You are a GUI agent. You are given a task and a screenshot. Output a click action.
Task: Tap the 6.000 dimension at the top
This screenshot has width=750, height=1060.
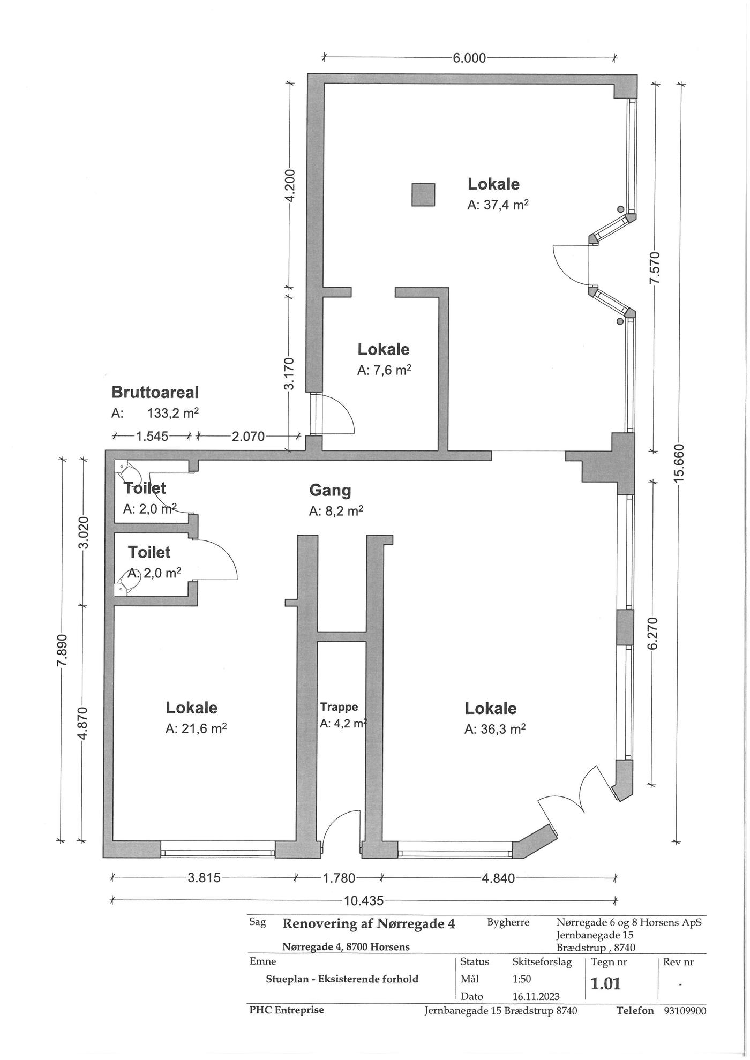click(470, 58)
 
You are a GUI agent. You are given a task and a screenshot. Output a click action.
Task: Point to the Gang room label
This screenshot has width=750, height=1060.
click(331, 490)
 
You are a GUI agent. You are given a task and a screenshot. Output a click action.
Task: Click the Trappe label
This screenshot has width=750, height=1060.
click(339, 706)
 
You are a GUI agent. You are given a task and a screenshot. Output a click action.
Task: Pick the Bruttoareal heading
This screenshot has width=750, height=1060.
click(155, 392)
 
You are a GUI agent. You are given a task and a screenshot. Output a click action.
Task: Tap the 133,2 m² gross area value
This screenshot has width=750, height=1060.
click(173, 413)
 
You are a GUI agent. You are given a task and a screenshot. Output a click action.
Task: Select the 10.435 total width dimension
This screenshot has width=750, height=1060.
click(364, 900)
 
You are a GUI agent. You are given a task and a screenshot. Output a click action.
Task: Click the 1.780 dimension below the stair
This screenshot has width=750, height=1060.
click(339, 878)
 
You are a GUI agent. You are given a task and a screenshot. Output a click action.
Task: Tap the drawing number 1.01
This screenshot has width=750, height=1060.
click(605, 983)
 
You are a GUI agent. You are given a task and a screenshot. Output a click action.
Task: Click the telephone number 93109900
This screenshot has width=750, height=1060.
click(685, 1010)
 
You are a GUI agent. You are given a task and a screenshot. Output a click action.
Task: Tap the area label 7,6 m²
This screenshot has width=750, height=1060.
click(384, 370)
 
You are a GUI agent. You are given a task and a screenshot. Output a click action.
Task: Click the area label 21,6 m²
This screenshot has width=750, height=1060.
click(196, 728)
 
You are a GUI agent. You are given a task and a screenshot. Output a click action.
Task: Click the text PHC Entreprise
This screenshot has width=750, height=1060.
click(287, 1010)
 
